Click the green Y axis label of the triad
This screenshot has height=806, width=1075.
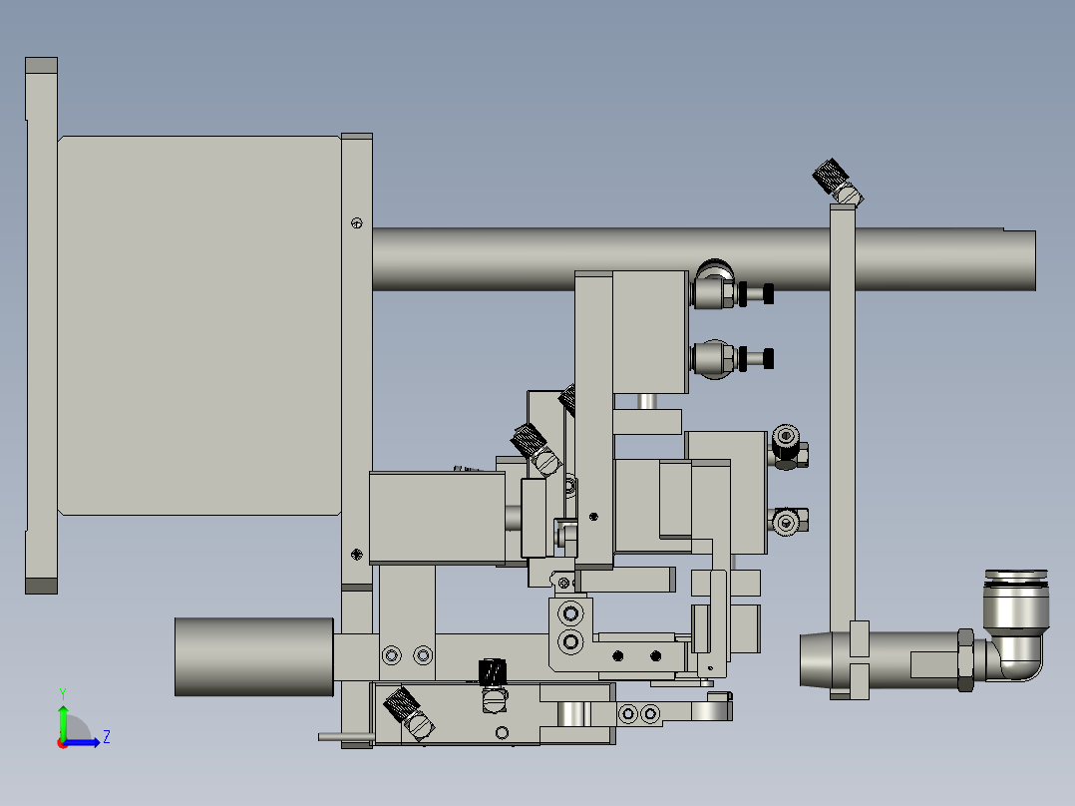(x=62, y=691)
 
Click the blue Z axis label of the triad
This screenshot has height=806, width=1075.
(x=106, y=737)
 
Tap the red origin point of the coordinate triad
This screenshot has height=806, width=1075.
(x=62, y=742)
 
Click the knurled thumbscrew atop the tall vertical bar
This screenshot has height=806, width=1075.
(x=830, y=178)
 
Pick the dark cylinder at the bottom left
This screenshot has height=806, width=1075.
(x=253, y=656)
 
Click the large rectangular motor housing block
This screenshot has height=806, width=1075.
(x=199, y=325)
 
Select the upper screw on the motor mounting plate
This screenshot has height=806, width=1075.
(x=357, y=222)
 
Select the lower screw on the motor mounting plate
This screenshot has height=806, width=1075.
(x=357, y=555)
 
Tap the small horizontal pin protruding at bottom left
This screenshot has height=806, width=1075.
(x=345, y=737)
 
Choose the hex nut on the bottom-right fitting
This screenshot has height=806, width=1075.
(x=965, y=658)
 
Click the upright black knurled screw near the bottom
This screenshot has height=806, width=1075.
(x=492, y=674)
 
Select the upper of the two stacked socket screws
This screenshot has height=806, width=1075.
(x=570, y=612)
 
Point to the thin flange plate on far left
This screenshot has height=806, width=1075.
(x=41, y=325)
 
